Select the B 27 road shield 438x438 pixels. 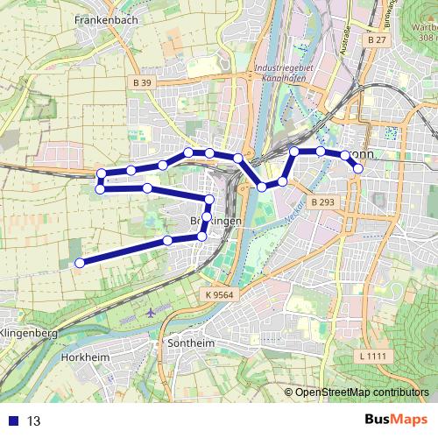pos(377,40)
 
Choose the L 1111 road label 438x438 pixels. pos(372,356)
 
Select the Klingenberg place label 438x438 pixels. pos(29,334)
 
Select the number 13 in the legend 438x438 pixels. pos(34,420)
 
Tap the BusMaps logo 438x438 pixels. pos(393,420)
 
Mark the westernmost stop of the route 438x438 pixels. pos(79,263)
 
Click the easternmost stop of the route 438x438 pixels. pos(357,168)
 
